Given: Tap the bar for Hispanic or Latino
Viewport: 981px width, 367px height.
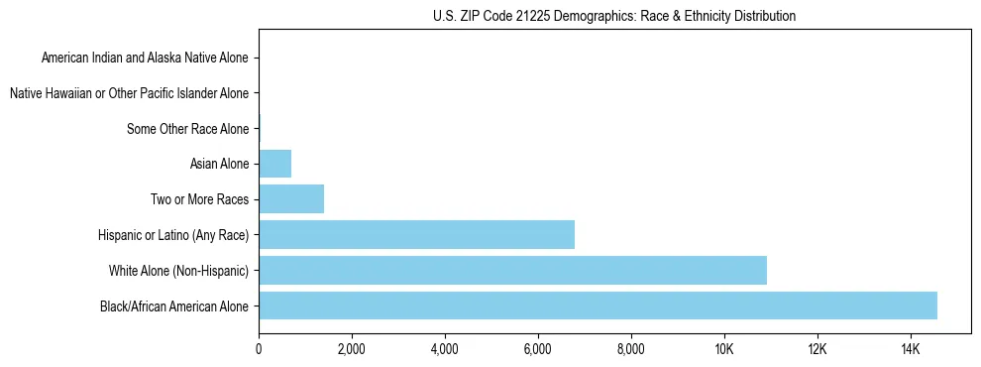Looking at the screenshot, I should click(416, 234).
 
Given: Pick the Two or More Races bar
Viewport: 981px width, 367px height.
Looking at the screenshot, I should click(291, 199).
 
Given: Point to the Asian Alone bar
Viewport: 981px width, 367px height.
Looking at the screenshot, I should click(274, 164).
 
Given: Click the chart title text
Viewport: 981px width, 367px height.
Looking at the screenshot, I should click(614, 16).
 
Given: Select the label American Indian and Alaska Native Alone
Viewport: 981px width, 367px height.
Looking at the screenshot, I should click(145, 58).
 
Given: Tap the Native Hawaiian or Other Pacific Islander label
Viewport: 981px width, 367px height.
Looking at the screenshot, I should click(129, 93).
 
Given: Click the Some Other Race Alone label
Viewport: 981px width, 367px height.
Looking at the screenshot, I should click(188, 129).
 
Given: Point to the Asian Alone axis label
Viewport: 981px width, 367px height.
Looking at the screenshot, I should click(219, 164).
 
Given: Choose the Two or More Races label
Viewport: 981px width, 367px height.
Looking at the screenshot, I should click(199, 199).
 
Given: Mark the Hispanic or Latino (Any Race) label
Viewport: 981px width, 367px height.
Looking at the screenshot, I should click(173, 235).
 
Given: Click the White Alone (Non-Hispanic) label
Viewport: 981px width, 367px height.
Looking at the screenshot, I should click(179, 270).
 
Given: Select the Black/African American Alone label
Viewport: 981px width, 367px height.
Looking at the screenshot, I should click(174, 306).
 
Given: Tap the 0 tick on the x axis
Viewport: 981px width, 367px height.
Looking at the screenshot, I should click(259, 349).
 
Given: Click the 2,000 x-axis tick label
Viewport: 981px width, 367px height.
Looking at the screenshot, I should click(352, 349).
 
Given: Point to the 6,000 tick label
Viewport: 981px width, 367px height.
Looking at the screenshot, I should click(538, 349).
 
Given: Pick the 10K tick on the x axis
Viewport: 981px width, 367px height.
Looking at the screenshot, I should click(724, 349).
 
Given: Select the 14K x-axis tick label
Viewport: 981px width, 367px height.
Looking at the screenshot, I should click(911, 349).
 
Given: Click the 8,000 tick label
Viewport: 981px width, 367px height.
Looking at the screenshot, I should click(631, 349).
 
